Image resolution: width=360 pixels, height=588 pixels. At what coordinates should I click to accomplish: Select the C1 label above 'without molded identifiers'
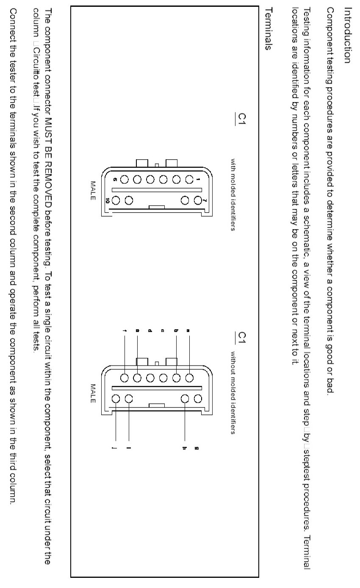click(242, 338)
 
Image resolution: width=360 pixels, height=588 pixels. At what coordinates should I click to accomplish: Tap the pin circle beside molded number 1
click(189, 179)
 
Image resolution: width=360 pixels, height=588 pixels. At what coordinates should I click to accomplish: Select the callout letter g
click(197, 448)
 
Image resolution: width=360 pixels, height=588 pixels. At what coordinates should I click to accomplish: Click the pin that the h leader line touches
click(185, 398)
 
